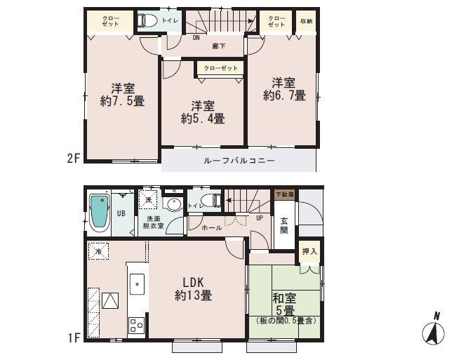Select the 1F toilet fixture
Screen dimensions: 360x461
pos(208,201)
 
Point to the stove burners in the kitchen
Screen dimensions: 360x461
pos(135,324)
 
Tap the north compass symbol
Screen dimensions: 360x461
pos(436,329)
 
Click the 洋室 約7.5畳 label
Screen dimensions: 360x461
pos(122,95)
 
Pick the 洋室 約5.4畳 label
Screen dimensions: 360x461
pos(202,112)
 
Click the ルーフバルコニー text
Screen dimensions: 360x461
pos(239,161)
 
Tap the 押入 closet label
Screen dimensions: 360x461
pos(309,251)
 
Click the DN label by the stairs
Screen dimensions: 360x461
pos(196,38)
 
